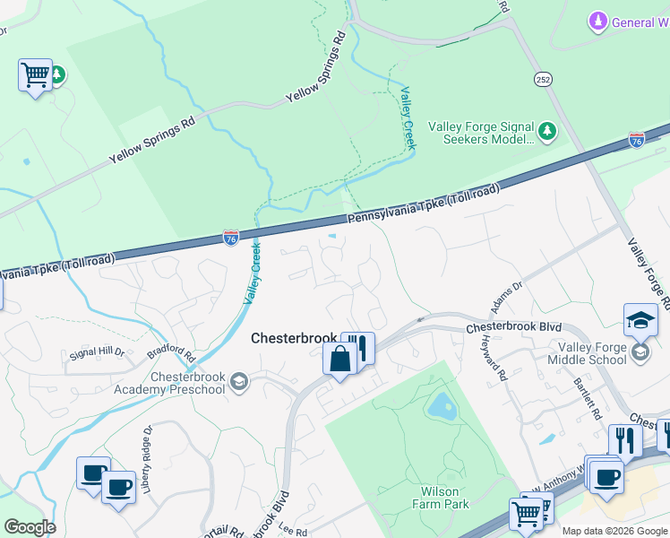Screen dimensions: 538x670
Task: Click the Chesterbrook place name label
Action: point(293,338)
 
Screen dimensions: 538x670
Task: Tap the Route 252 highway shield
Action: point(543,79)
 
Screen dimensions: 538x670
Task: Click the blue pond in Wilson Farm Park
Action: point(441,408)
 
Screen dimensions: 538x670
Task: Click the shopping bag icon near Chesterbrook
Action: point(339,360)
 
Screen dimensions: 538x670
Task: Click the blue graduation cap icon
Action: point(640,320)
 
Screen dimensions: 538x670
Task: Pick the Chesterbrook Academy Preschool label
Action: point(169,383)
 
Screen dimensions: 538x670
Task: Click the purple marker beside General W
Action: point(597,21)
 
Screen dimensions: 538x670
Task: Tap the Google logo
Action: point(30,527)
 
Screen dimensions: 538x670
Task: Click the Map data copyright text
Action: point(614,531)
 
